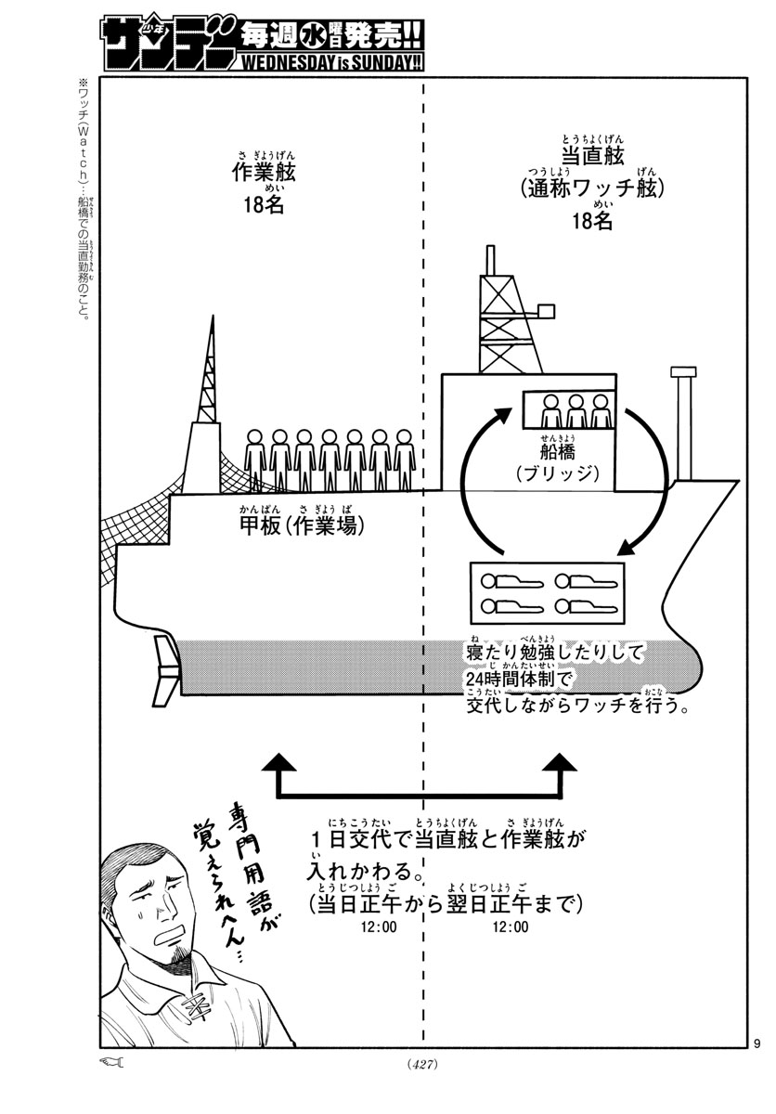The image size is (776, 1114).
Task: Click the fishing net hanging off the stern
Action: pyautogui.click(x=139, y=534)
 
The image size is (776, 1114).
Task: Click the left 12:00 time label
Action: pyautogui.click(x=382, y=926)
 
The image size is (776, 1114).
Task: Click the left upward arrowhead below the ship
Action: pyautogui.click(x=279, y=763)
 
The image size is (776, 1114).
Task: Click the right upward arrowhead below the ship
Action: pyautogui.click(x=563, y=763)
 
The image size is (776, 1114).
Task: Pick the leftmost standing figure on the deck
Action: pyautogui.click(x=254, y=460)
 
